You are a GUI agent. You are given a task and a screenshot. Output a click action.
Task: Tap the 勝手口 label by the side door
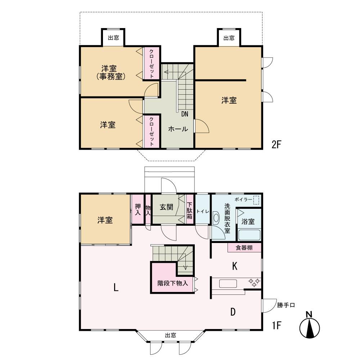coord(286,305)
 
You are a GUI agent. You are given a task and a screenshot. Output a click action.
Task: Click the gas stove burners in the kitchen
coord(255,283)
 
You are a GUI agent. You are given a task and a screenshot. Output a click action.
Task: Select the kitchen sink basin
coord(228,284)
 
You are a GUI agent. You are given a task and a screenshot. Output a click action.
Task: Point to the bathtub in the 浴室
coord(249,235)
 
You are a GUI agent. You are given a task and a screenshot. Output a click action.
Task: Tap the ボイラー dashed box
coord(256,200)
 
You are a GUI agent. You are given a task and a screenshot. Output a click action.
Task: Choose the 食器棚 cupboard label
coord(244,248)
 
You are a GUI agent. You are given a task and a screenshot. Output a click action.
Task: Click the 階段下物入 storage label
coord(173,283)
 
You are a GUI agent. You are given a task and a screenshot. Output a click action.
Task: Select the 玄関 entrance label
coord(166,207)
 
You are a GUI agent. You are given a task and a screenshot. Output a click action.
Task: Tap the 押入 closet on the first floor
coord(138,210)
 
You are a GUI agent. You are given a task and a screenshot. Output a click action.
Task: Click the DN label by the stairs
coord(185,114)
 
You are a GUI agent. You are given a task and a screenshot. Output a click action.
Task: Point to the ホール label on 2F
coord(178,129)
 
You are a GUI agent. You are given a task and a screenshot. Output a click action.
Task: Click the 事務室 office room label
coord(111,76)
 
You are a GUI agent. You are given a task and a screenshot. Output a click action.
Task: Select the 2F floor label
coord(276,144)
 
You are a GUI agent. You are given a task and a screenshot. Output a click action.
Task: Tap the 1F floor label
coord(276,325)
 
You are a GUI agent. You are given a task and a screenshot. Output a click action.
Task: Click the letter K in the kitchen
coord(234,266)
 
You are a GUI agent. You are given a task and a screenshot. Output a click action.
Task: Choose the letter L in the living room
coord(116,287)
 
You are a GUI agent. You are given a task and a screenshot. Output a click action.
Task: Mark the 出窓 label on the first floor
coord(170,335)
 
